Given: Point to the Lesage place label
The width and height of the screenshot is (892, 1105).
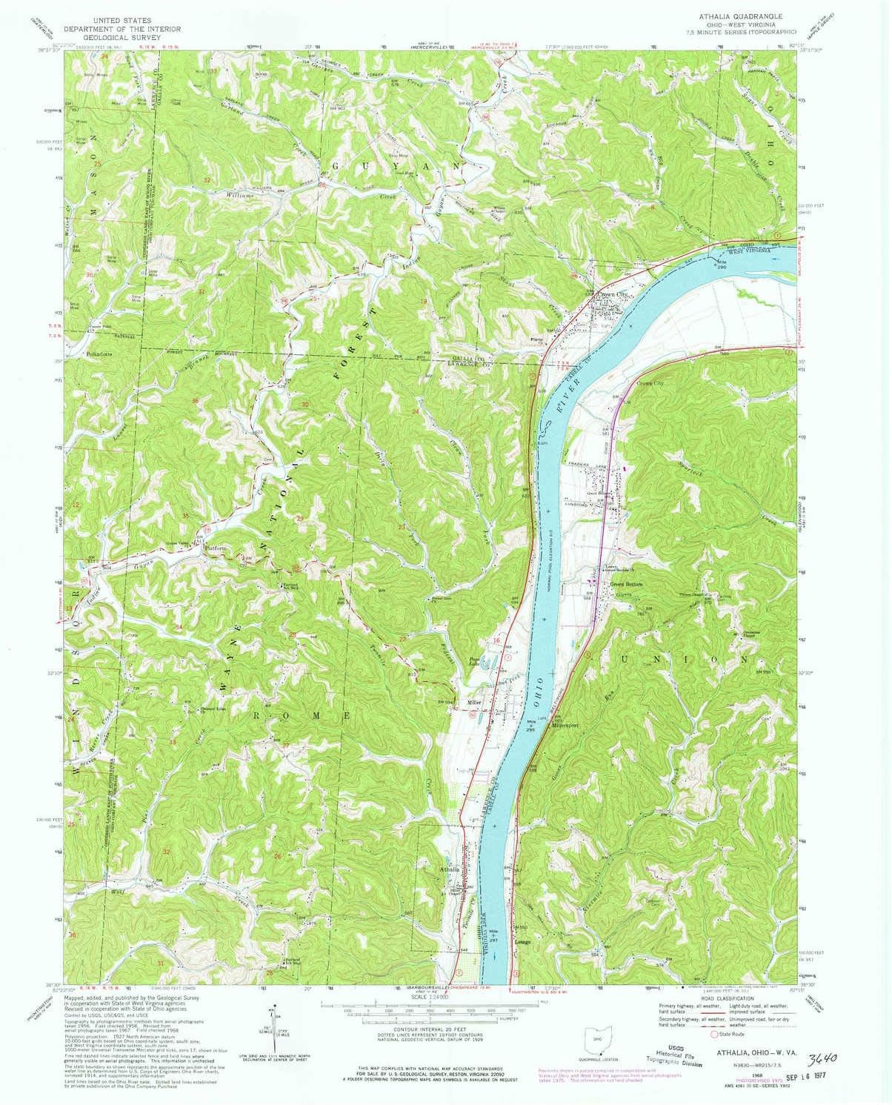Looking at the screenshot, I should pos(522,942).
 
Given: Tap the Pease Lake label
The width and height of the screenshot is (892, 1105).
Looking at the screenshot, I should pos(473,660).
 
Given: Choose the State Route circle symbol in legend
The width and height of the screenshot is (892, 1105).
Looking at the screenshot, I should pos(715,1034).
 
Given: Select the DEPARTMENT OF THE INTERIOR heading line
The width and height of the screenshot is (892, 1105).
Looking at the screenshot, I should pos(121,29).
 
